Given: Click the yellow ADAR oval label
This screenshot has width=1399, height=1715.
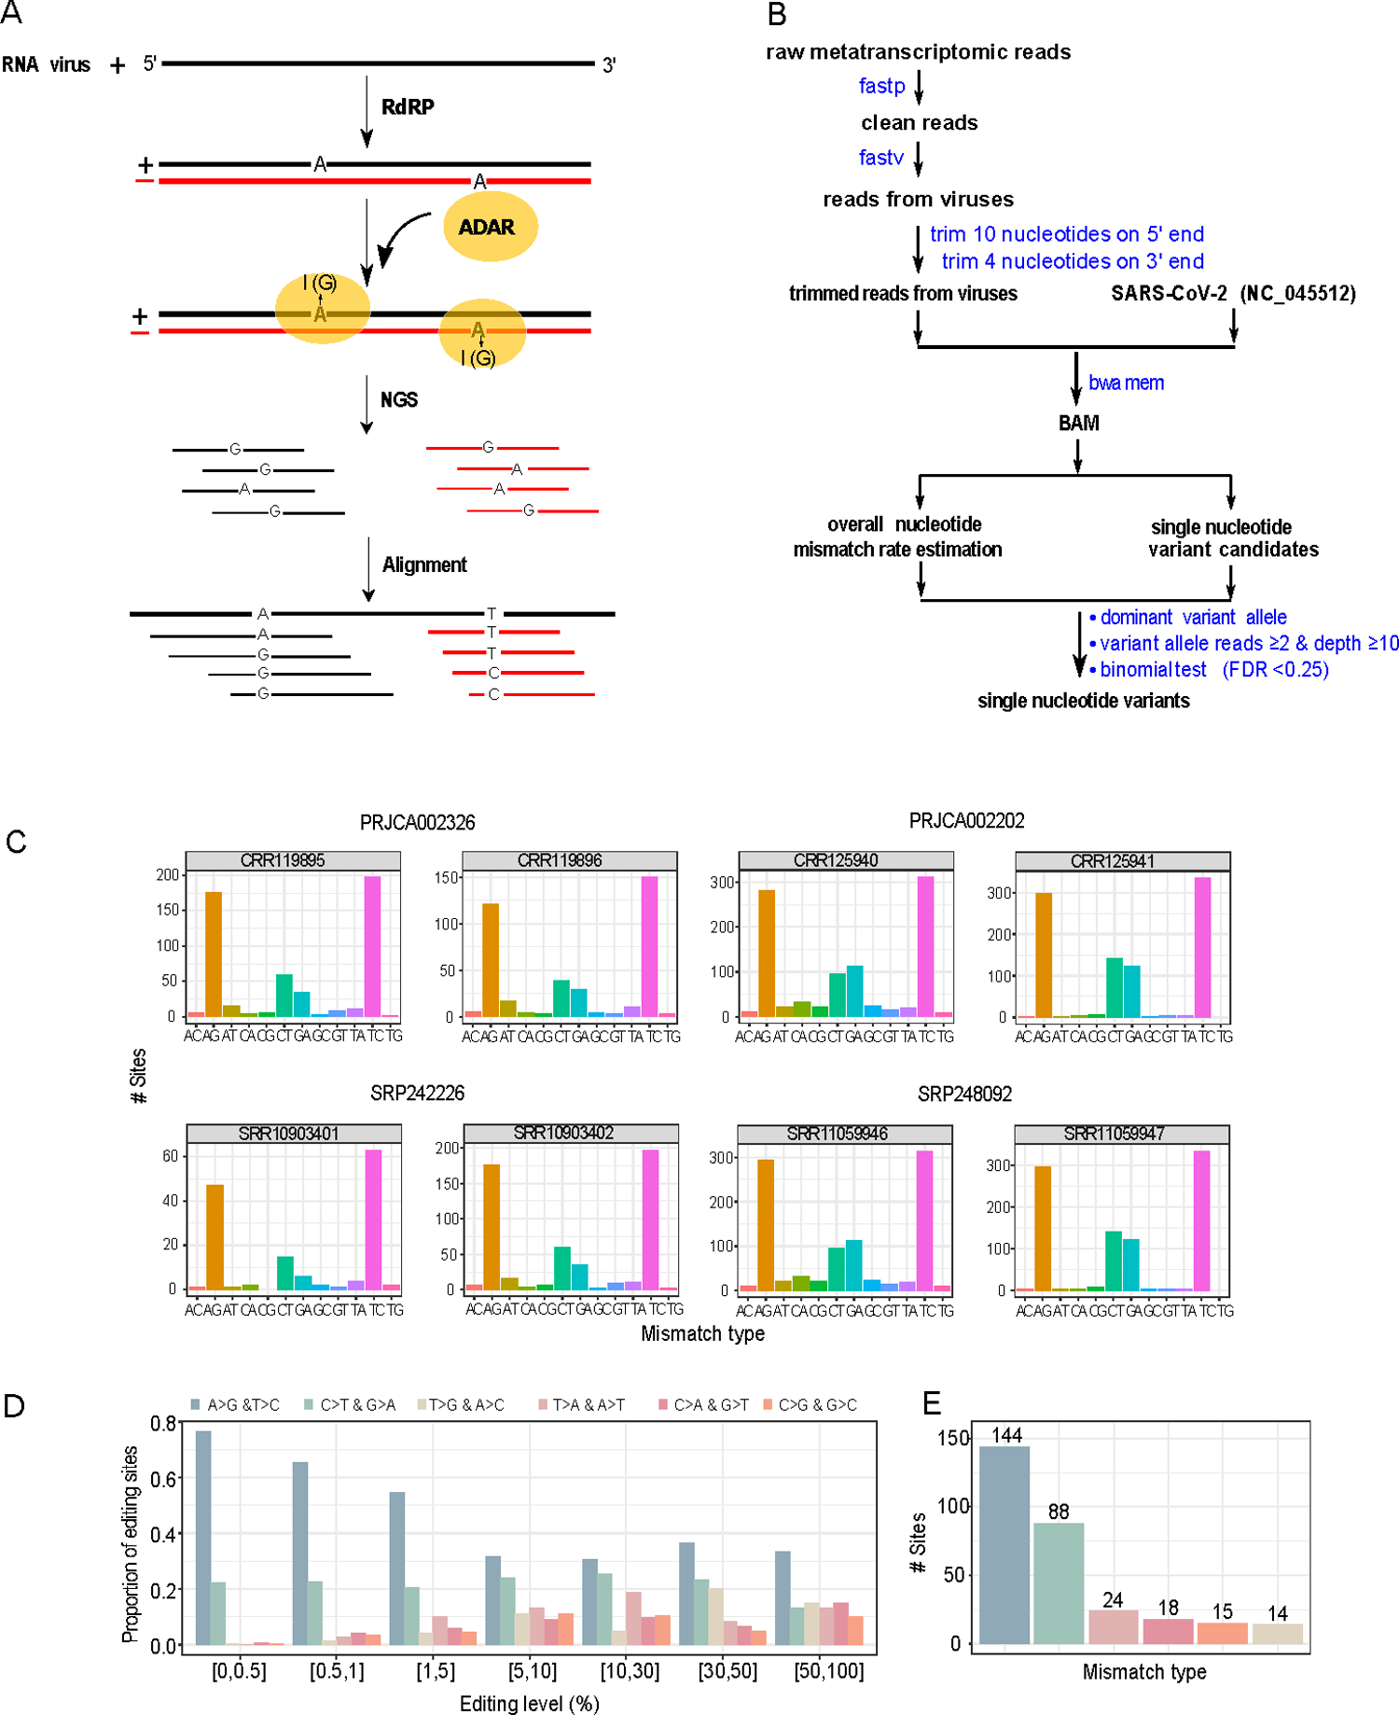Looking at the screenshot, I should [x=490, y=227].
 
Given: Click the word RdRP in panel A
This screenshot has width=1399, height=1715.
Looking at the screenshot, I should [x=408, y=107].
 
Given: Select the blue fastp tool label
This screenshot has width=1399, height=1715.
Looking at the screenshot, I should [x=881, y=86].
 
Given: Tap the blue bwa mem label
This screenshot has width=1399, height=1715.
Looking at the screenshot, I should [x=1126, y=383].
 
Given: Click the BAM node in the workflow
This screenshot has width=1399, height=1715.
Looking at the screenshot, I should [x=1078, y=423].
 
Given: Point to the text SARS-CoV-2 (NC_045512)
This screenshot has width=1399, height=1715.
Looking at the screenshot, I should [x=1232, y=294].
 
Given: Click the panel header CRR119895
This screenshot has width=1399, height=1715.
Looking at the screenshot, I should [x=283, y=860].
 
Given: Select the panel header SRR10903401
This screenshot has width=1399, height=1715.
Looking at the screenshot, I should [x=288, y=1134].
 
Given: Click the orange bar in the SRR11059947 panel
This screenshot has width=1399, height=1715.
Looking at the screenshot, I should [x=1042, y=1227].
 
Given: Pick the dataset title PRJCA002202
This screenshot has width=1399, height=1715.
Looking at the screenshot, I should [x=966, y=821].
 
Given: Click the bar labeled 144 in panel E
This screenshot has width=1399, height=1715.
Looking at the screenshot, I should [x=1004, y=1544].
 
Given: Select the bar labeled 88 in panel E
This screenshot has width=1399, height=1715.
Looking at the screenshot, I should [x=1059, y=1583].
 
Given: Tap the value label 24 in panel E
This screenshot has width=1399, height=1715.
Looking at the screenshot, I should [x=1113, y=1600].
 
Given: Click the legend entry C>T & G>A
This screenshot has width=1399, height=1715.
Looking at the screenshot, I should [x=356, y=1405].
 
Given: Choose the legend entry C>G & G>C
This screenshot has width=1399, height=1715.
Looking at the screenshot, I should [x=816, y=1405].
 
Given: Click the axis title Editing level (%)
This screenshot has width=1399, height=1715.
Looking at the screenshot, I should [x=529, y=1703].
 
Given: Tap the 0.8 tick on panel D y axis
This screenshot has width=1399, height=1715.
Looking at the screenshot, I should [x=163, y=1424].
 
